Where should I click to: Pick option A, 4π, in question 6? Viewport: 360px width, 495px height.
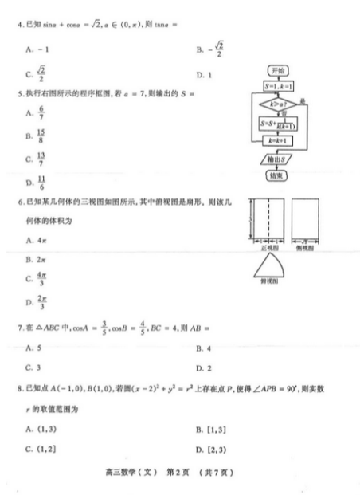33,239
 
